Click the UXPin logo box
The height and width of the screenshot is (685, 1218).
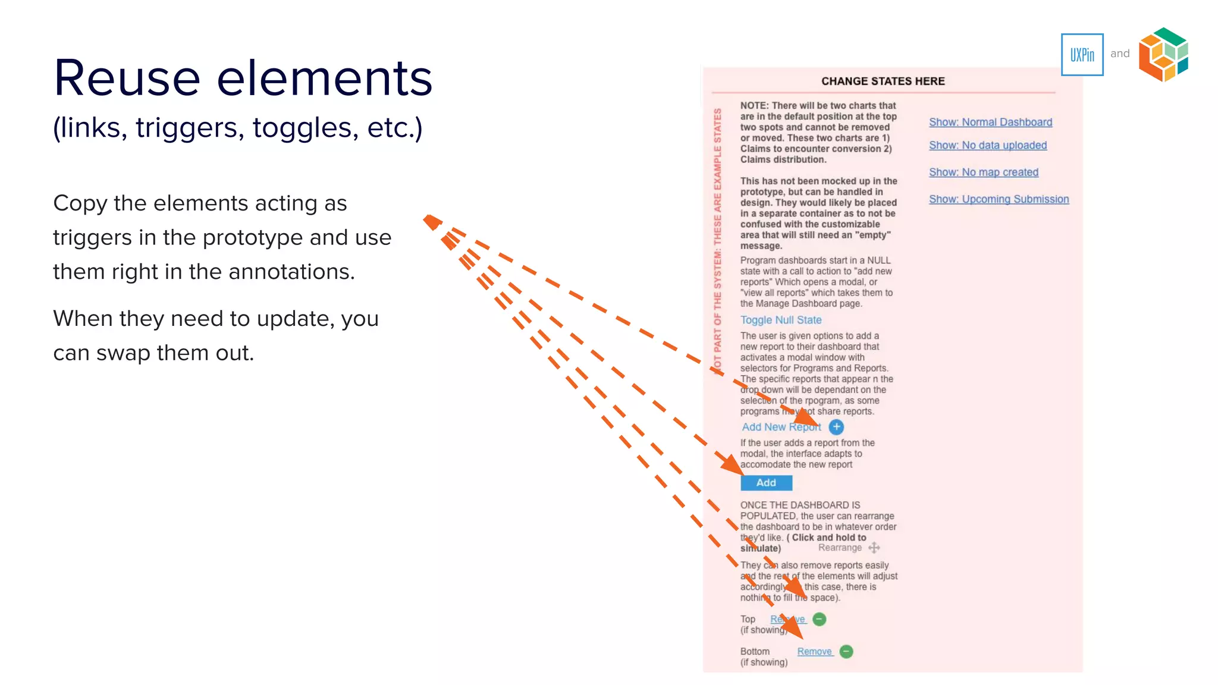click(1082, 55)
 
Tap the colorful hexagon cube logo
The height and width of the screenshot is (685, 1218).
click(1163, 54)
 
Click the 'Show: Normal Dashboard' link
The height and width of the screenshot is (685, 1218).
click(990, 122)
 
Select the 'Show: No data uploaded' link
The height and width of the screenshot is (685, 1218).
click(988, 146)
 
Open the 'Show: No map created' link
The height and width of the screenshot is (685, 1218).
click(984, 172)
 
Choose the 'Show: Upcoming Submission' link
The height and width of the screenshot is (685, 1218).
click(999, 199)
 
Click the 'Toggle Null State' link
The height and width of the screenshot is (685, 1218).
click(781, 320)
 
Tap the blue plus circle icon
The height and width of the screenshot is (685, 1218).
click(836, 427)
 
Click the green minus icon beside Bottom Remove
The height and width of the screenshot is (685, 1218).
click(846, 652)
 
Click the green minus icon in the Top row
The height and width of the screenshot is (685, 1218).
click(820, 619)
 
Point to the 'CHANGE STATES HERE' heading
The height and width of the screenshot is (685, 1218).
click(883, 81)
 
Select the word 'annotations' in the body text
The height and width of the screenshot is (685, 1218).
click(291, 272)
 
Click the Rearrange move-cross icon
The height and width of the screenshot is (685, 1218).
click(874, 548)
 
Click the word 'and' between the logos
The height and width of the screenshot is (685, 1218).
click(1120, 54)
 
